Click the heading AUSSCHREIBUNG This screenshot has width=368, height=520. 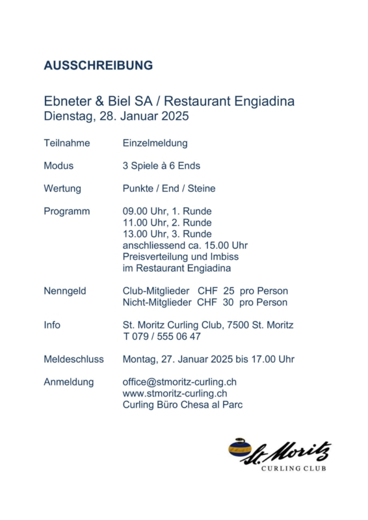click(98, 66)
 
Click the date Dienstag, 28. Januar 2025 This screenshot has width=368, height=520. click(116, 117)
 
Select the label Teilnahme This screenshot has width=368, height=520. click(67, 143)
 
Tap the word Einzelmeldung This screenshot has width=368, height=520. click(155, 143)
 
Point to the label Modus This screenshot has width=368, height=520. click(59, 166)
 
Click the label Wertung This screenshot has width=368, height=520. click(62, 188)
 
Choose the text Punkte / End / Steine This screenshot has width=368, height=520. click(169, 188)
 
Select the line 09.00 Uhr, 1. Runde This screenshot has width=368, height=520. click(167, 211)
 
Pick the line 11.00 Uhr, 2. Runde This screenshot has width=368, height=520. click(167, 222)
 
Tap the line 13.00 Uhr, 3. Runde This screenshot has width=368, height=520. click(167, 233)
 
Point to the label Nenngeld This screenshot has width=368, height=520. click(65, 291)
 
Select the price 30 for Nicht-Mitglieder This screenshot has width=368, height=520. click(228, 302)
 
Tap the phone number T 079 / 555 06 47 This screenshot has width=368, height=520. click(162, 336)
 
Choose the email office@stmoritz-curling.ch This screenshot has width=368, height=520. click(180, 382)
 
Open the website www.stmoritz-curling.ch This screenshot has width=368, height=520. click(175, 393)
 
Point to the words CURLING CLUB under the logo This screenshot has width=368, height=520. click(294, 468)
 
